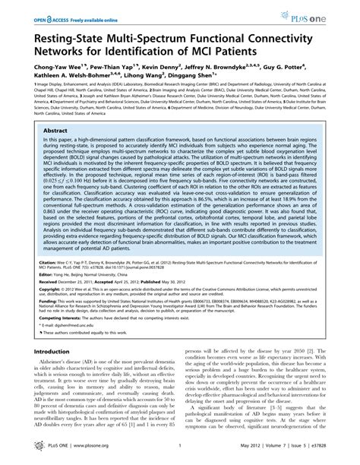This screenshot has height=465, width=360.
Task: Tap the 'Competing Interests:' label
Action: click(49, 340)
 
